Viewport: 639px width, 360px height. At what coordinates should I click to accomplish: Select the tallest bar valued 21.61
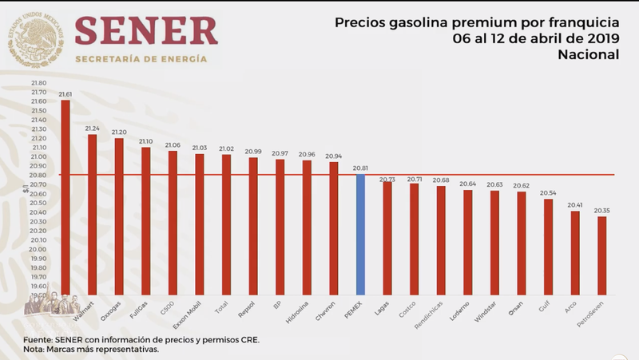point(65,200)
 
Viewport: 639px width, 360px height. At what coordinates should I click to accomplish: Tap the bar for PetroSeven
point(601,255)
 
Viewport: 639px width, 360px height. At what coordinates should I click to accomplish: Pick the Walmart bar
point(92,216)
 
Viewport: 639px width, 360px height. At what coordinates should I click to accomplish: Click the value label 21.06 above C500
point(173,145)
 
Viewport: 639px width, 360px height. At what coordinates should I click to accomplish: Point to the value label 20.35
point(601,211)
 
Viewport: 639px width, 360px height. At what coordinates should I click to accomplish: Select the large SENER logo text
point(146,31)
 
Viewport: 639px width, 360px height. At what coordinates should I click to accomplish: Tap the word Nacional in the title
point(589,54)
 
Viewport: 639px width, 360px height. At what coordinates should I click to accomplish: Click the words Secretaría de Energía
point(141,59)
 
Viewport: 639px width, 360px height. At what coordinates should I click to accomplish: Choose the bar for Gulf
point(547,247)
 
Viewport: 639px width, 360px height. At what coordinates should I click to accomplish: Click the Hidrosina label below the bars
point(298,311)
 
